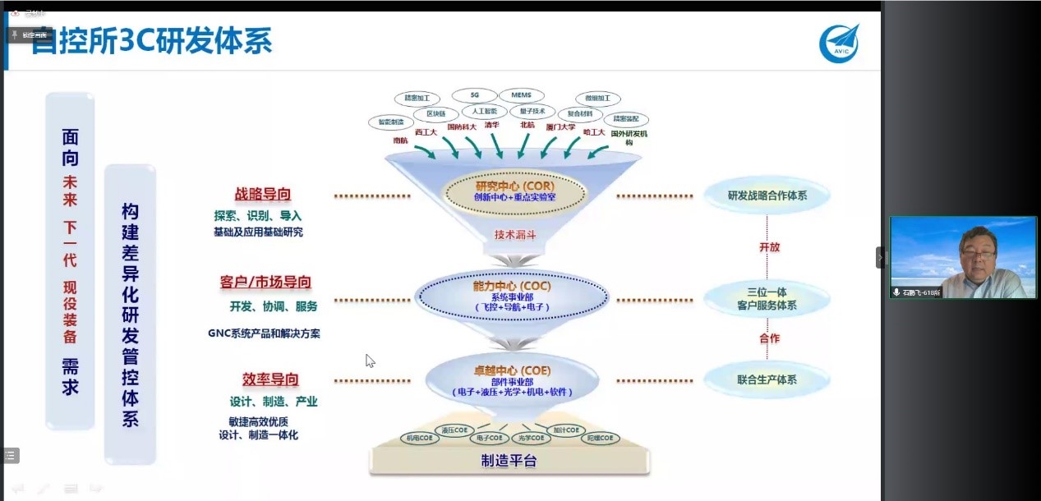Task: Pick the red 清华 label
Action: [492, 126]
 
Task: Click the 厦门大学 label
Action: [560, 127]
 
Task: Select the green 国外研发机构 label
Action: [629, 136]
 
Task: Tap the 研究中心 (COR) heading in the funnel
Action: [515, 185]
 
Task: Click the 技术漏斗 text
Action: [515, 234]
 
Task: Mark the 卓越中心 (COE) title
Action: [512, 370]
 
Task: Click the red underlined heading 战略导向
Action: [263, 195]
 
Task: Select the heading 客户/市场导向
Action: [265, 282]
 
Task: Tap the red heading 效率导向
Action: [270, 379]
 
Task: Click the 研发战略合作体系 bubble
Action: [767, 195]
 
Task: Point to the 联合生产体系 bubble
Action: [767, 379]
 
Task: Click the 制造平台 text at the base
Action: [509, 461]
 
